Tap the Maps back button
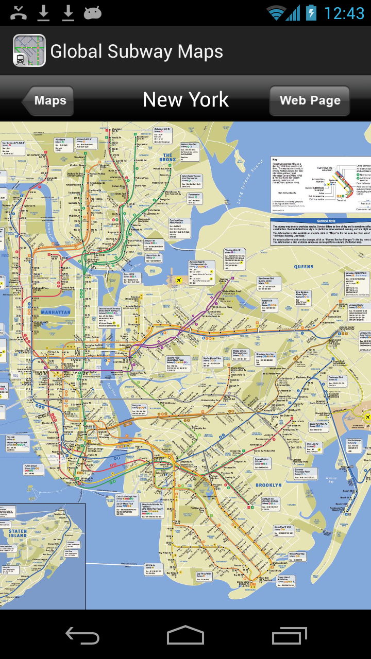[49, 100]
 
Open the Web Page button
[310, 100]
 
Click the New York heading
[185, 99]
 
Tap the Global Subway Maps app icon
[29, 50]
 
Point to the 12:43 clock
[344, 13]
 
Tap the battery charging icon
[311, 12]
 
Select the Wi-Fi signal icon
[276, 13]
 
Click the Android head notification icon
[93, 12]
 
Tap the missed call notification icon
[19, 12]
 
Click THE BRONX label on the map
[168, 157]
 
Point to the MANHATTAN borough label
[56, 313]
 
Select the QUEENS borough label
[303, 267]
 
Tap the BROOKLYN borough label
[268, 485]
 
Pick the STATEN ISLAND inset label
[17, 533]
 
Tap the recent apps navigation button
[289, 635]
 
